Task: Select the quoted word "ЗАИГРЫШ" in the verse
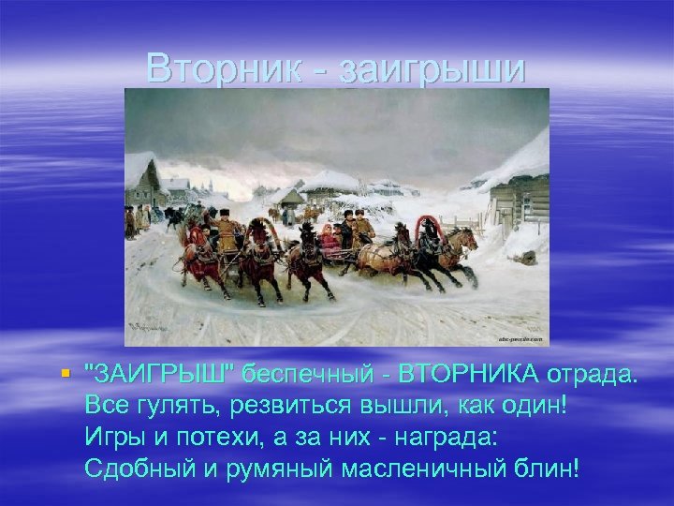coord(158,375)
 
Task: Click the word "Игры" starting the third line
coord(111,437)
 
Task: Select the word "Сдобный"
coord(133,468)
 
